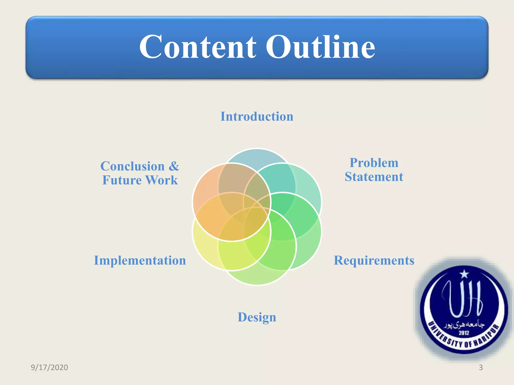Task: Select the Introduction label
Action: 257,117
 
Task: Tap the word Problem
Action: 374,163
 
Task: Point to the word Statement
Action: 374,177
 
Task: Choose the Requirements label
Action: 374,261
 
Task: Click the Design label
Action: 257,317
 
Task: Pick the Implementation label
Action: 140,261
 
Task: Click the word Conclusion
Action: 133,166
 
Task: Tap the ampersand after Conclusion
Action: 174,166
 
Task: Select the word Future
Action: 122,180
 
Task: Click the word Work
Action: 162,180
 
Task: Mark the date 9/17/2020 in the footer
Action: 49,367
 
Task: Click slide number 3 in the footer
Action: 481,367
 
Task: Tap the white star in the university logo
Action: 464,274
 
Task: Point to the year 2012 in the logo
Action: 464,333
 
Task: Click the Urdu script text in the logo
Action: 464,325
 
